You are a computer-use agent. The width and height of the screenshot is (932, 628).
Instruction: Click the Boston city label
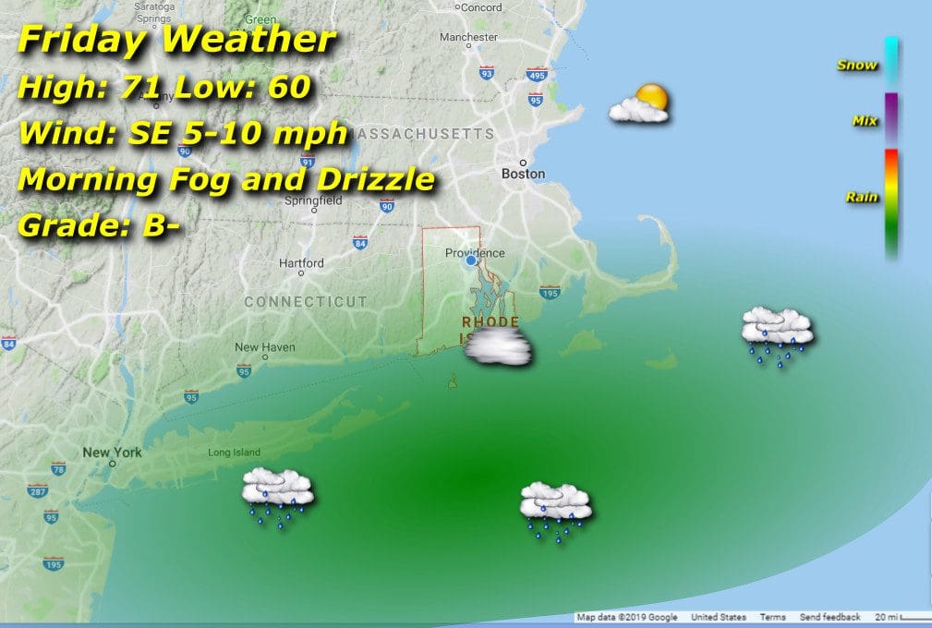click(523, 174)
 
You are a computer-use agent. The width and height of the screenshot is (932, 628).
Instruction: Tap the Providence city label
click(475, 253)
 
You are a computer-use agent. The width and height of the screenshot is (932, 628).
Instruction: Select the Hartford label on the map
click(301, 263)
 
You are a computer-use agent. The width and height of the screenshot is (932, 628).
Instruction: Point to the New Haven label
click(264, 347)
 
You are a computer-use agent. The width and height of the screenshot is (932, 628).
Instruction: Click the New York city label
click(112, 453)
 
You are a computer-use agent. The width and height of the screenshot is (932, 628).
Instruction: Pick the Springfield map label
click(313, 199)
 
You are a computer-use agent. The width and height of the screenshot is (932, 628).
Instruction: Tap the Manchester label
click(468, 37)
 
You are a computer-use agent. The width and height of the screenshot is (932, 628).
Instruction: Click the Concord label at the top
click(481, 7)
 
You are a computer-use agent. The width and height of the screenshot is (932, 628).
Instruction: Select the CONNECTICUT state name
click(306, 302)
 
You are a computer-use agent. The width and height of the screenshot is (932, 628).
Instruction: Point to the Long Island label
click(234, 453)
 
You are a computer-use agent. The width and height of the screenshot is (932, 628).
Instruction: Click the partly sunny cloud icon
click(639, 103)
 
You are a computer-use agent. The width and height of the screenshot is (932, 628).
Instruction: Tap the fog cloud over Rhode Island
click(499, 349)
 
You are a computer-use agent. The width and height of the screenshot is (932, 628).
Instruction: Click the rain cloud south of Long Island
click(278, 496)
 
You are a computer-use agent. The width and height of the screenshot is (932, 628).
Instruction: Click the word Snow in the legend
click(856, 66)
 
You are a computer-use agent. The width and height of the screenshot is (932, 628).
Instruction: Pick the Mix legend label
click(865, 121)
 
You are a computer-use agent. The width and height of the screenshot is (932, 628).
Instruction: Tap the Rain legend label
click(861, 197)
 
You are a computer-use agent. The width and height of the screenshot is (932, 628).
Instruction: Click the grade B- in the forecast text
click(163, 225)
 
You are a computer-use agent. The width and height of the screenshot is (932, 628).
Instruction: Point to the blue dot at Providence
click(471, 261)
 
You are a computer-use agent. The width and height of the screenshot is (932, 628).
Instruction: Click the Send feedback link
click(829, 617)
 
